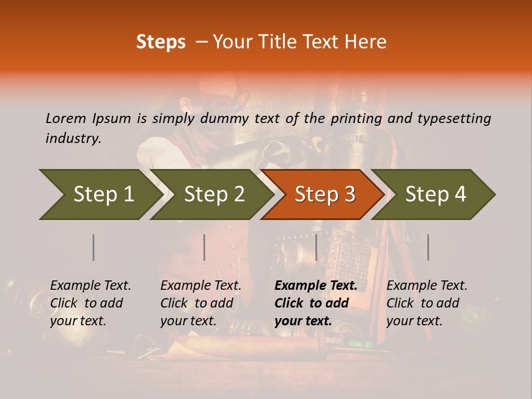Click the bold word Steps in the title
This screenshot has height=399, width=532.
[x=161, y=42]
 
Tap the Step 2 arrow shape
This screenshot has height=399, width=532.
[x=213, y=195]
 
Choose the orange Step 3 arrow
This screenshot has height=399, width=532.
[x=324, y=195]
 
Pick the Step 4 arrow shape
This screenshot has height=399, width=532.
[x=436, y=195]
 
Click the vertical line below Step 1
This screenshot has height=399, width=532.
[x=94, y=247]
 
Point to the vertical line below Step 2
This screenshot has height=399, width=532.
[x=204, y=247]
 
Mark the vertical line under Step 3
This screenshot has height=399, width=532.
[x=316, y=247]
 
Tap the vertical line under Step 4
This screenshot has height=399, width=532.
[x=428, y=247]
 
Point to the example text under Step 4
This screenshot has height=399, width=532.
[x=427, y=303]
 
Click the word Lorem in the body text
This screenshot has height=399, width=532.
[x=65, y=118]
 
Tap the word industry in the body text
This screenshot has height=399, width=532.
[x=73, y=139]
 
